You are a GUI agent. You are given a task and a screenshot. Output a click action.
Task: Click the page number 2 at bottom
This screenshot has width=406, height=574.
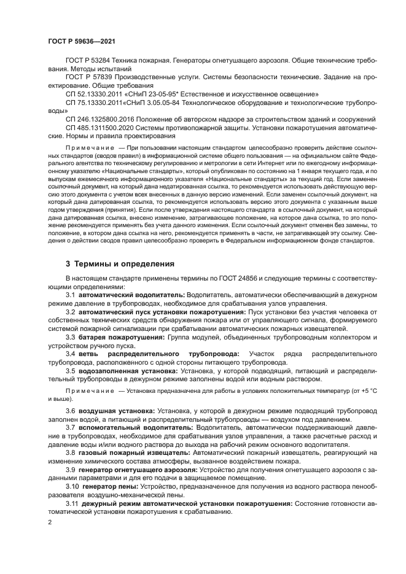click(50, 521)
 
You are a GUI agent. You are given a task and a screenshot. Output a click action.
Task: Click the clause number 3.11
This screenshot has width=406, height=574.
click(72, 503)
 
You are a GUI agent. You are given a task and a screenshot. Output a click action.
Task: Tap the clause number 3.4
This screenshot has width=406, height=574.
click(71, 354)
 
